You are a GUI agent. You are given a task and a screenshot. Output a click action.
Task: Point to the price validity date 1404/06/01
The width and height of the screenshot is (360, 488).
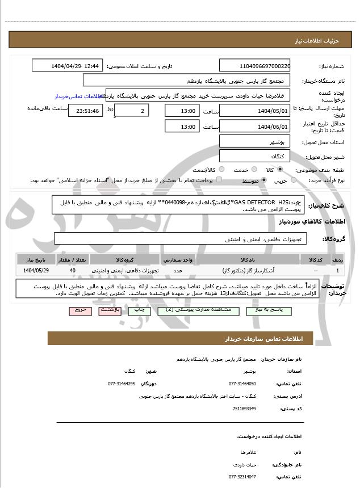(x=254, y=127)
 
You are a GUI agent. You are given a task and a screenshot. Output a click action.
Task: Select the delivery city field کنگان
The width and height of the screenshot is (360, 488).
(x=254, y=155)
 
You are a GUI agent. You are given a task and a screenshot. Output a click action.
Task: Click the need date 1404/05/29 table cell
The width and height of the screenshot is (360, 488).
(x=36, y=271)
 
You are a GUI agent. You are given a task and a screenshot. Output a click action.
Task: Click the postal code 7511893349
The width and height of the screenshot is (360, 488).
(x=244, y=409)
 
